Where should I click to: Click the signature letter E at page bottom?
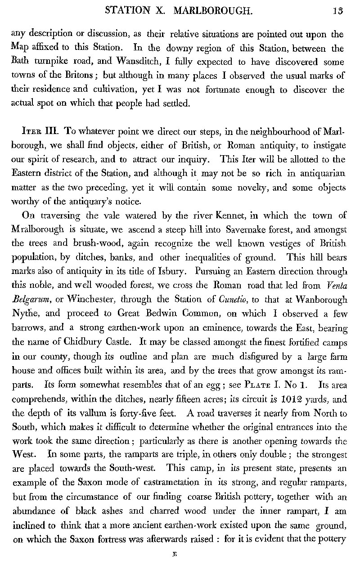(173, 555)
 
